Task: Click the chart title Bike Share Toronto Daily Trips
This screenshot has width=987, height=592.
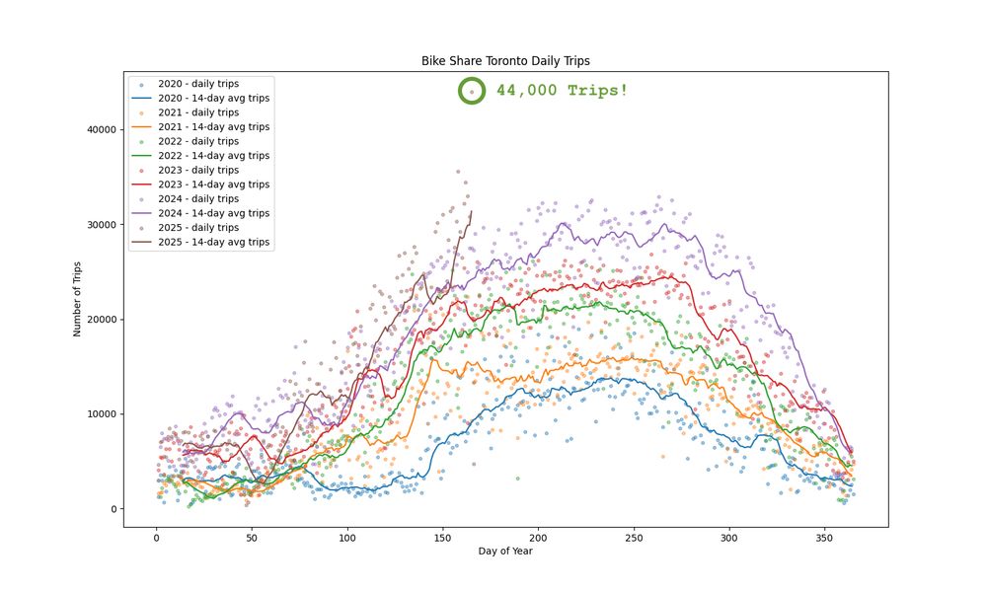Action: tap(505, 61)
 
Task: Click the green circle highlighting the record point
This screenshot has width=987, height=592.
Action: tap(472, 91)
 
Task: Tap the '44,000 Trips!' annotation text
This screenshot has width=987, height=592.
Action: tap(562, 91)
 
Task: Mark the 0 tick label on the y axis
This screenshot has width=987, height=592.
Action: tap(114, 509)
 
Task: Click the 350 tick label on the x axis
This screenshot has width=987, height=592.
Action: tap(825, 539)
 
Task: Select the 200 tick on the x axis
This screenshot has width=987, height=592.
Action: tap(538, 539)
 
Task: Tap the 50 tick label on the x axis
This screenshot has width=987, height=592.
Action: tap(252, 539)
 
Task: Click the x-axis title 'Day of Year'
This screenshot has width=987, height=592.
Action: tap(505, 552)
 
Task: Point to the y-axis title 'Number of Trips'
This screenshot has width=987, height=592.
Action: tap(77, 298)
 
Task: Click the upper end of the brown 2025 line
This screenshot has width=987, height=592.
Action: tap(471, 211)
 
